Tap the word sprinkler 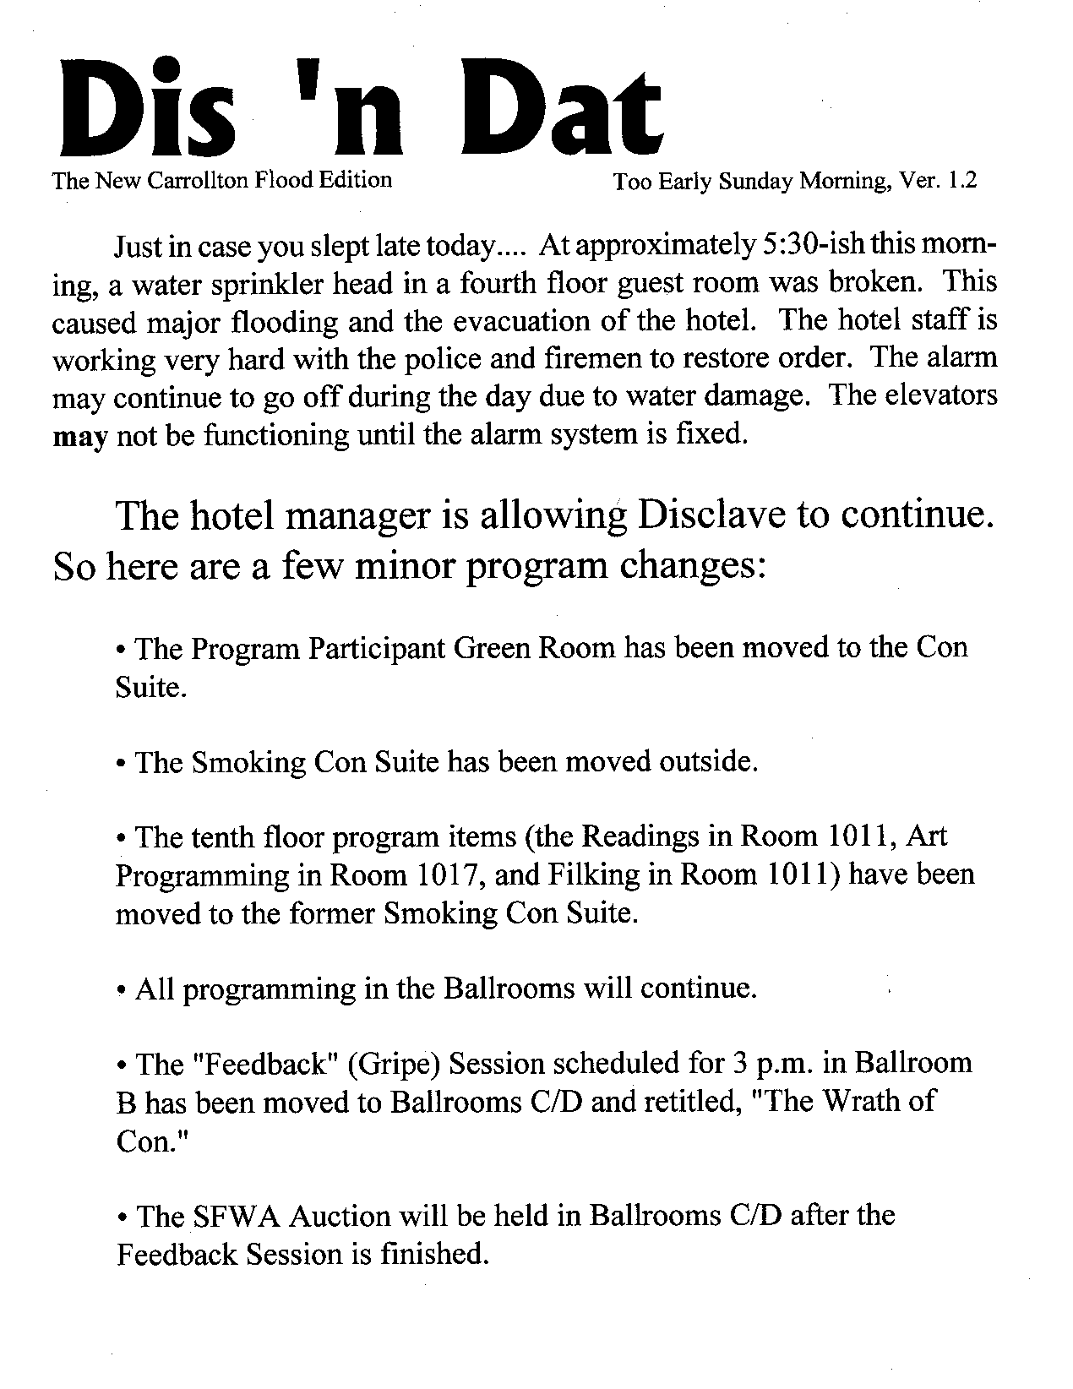241,285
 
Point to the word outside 708,762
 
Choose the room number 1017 449,875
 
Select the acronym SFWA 231,1216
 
